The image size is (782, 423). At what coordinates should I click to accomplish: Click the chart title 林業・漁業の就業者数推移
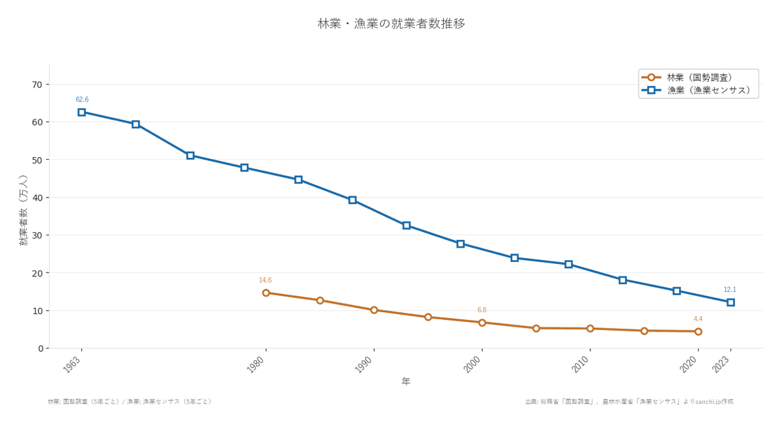tap(391, 23)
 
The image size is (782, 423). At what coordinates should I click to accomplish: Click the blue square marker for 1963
tap(81, 112)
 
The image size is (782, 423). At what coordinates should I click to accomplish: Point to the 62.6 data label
tap(82, 100)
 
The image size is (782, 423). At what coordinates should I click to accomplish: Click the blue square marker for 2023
tap(731, 302)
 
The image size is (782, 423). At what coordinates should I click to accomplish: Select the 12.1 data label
tap(730, 290)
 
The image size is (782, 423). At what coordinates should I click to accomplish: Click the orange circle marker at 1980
tap(266, 293)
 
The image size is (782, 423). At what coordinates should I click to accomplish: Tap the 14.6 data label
tap(265, 280)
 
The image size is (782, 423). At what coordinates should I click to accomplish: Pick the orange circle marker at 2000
tap(482, 323)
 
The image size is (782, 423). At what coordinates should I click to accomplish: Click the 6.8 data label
tap(482, 310)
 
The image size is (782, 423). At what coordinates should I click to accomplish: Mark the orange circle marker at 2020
tap(698, 331)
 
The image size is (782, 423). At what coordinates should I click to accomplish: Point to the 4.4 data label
tap(698, 319)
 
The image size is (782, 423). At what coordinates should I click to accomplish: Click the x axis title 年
tap(406, 381)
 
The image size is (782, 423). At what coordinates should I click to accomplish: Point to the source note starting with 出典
tap(629, 401)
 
